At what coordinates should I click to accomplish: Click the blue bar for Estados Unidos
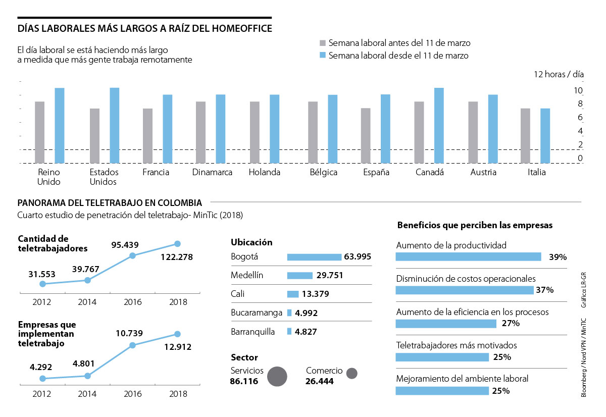pos(115,125)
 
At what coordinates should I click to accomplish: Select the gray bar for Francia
pos(147,135)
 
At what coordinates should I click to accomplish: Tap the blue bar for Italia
pos(545,135)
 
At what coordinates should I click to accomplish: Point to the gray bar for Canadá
pos(419,132)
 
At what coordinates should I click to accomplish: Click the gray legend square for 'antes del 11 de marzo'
pos(323,43)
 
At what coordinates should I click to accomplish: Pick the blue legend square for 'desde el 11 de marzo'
pos(323,56)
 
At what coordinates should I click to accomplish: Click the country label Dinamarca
pos(212,172)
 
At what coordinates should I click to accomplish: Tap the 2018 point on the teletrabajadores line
pos(177,244)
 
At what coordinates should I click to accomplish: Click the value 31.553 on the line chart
pos(42,274)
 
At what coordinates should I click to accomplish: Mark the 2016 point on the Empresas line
pos(133,345)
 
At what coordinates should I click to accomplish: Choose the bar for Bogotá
pos(314,257)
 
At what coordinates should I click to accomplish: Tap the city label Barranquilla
pos(252,332)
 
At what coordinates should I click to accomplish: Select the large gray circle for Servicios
pos(277,376)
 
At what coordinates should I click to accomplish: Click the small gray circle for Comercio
pos(352,374)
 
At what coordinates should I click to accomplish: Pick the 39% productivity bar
pos(468,256)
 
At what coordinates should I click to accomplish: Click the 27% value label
pos(511,324)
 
